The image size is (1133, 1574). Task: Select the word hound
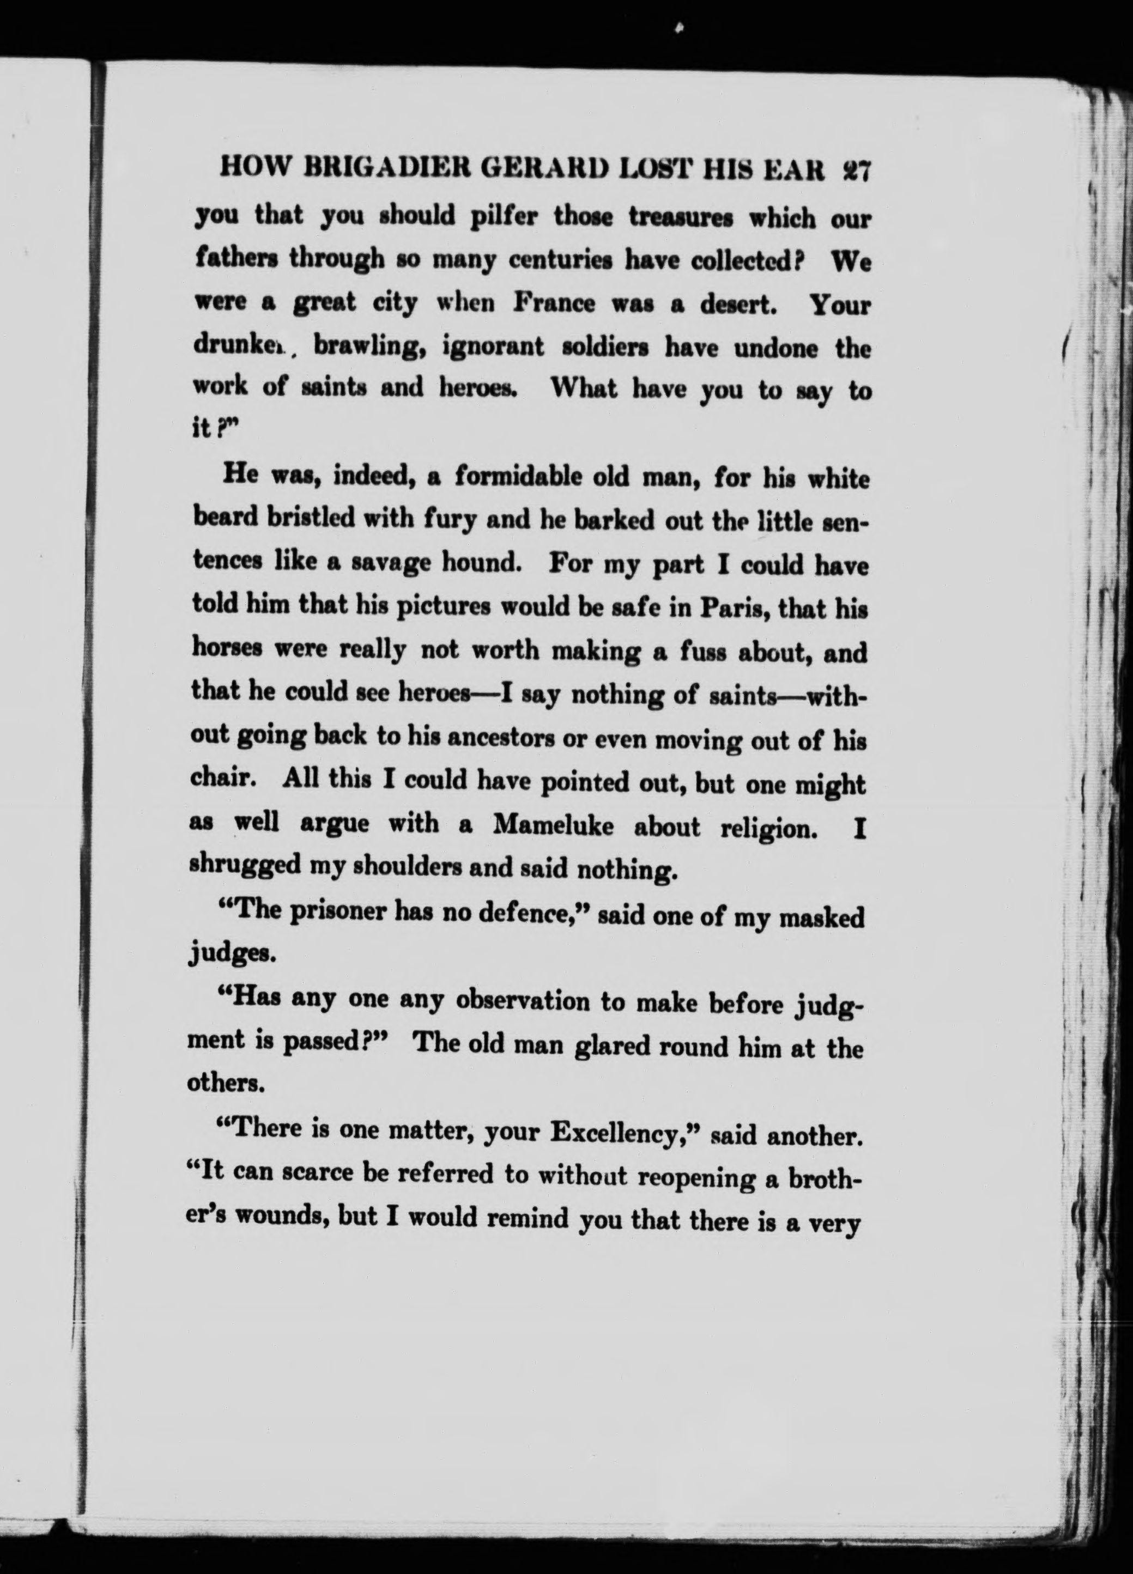482,562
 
